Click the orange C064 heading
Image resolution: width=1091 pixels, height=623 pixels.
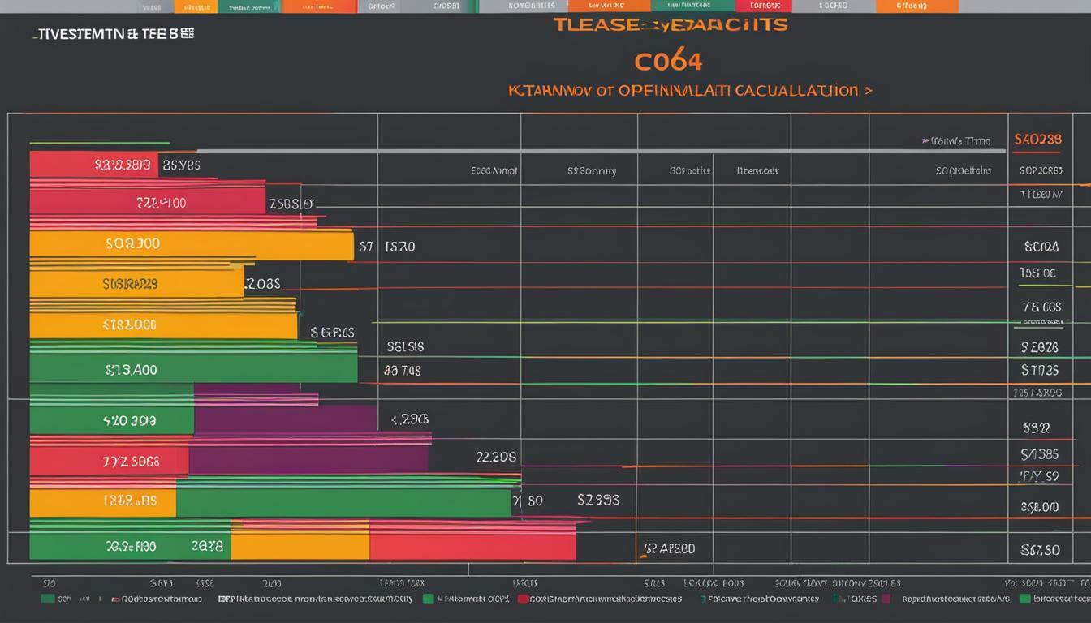(668, 62)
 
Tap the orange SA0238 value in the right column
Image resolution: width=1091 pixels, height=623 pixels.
(1037, 140)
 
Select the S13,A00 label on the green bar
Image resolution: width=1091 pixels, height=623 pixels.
(131, 370)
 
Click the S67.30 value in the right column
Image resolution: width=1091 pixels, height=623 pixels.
(1040, 549)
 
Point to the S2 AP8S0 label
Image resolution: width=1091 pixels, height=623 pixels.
(669, 548)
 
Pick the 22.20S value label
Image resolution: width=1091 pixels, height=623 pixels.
(496, 457)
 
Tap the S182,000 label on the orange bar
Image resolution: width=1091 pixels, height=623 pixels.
(130, 325)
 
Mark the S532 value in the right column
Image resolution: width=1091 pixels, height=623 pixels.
(1037, 427)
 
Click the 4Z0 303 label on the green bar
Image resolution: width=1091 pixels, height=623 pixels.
(129, 421)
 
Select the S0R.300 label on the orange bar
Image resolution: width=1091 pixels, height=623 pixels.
(132, 243)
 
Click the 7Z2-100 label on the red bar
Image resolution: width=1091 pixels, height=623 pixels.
(161, 203)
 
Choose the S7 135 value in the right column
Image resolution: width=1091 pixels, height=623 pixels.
(1040, 371)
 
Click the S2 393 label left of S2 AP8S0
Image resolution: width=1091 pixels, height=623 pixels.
(598, 500)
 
